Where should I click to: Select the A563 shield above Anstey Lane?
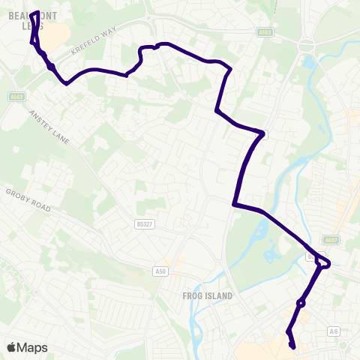16,96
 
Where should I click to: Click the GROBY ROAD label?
28,200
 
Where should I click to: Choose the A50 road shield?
159,270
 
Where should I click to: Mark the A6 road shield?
334,331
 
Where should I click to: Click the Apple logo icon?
11,347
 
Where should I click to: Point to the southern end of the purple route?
292,346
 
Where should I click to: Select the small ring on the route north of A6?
301,304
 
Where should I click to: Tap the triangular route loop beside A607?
322,262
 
